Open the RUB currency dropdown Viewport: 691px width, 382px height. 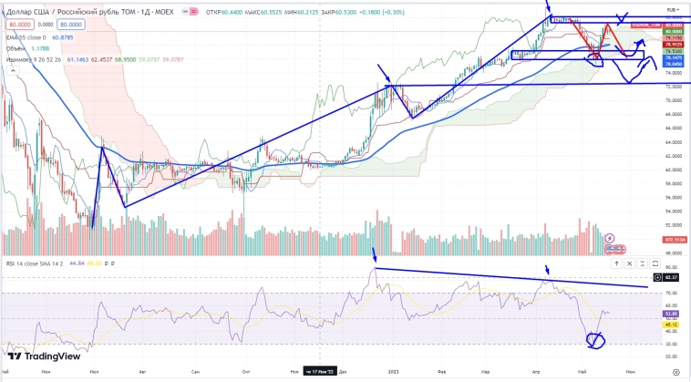coord(673,7)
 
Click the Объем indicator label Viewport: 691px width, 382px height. coord(15,48)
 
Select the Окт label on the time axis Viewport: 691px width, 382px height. coord(246,372)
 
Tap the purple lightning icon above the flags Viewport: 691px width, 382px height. coord(610,238)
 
